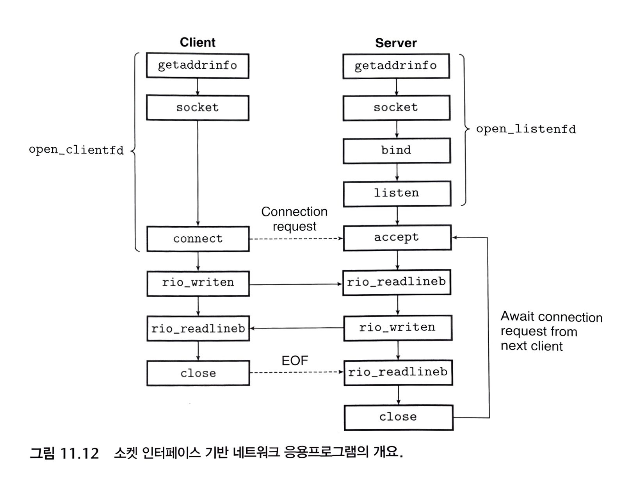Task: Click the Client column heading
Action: [x=197, y=42]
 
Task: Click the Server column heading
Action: [x=395, y=43]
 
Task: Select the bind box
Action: [x=397, y=150]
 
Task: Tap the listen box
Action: [x=397, y=193]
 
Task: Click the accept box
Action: [x=397, y=237]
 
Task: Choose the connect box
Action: [x=198, y=239]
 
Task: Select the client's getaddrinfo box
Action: [x=198, y=66]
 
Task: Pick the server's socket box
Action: [x=396, y=107]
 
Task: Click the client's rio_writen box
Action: [x=198, y=283]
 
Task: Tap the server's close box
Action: [x=398, y=417]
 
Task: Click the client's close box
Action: [x=198, y=373]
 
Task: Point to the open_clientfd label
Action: [x=76, y=150]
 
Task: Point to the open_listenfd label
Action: [x=526, y=129]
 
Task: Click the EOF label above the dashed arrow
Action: [x=295, y=361]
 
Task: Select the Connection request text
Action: [x=294, y=219]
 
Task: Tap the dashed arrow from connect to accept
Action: [x=296, y=239]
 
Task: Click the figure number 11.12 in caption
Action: [x=80, y=453]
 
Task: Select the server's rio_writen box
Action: [x=397, y=328]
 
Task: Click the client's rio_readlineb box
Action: [x=198, y=328]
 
